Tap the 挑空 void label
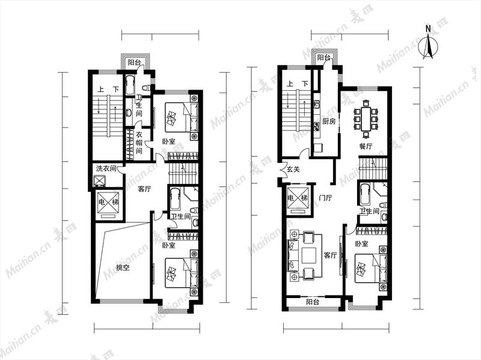[123, 267]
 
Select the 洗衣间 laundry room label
[106, 168]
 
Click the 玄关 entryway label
[293, 169]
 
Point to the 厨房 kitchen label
[329, 122]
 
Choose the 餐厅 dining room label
[366, 147]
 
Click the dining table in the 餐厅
[366, 118]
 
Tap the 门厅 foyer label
[325, 198]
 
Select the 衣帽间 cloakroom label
[139, 142]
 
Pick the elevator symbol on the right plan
[297, 199]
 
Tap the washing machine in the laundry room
[99, 181]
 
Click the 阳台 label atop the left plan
[134, 63]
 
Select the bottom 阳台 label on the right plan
[313, 302]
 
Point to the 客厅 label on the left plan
[144, 189]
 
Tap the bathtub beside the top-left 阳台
[130, 85]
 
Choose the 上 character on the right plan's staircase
[290, 84]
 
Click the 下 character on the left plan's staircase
[115, 90]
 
